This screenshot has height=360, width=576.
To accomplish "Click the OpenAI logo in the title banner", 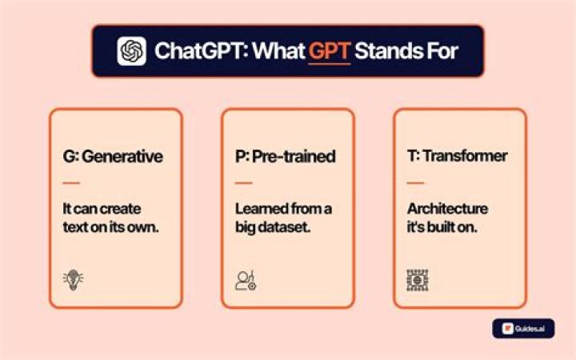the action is [x=131, y=50].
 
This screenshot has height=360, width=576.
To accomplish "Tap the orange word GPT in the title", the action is [x=330, y=50].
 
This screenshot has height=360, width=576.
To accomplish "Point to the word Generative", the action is [x=122, y=157].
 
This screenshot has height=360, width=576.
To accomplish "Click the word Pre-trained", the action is [x=294, y=156].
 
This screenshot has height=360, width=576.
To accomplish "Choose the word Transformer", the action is [x=465, y=156].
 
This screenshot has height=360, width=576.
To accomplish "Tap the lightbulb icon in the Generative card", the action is [x=73, y=280].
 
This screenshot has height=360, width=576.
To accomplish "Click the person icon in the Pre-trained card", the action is [x=246, y=281].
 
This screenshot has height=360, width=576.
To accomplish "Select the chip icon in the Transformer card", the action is [x=418, y=280].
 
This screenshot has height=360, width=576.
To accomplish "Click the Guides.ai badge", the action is [x=523, y=329].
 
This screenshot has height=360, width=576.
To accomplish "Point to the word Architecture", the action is [x=447, y=209].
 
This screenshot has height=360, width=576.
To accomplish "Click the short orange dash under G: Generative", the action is [x=71, y=182].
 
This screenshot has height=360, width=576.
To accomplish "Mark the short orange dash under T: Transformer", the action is [x=415, y=182].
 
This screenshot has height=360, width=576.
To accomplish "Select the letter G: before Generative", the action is [x=70, y=157].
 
